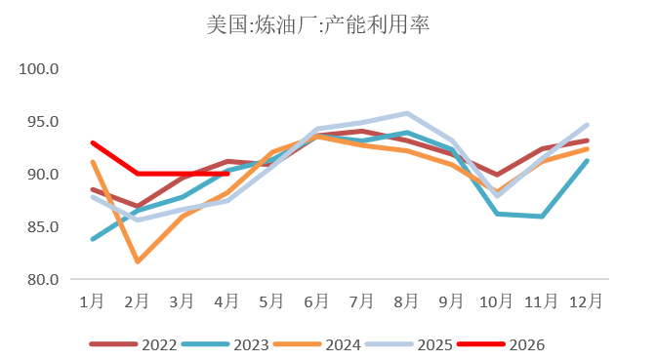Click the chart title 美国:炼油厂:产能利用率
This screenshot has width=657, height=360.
318,24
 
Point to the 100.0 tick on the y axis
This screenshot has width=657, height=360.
38,68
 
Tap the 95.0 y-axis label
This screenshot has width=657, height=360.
43,121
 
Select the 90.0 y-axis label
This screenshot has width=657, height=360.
43,174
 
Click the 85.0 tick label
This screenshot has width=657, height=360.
43,227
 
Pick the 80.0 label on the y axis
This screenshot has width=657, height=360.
43,279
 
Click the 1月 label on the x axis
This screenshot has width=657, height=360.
92,301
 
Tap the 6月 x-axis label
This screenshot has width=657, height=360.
316,301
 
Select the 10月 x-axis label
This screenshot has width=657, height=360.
496,301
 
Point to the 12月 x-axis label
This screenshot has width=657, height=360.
586,301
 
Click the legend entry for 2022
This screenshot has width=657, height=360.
133,344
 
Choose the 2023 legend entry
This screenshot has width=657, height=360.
225,344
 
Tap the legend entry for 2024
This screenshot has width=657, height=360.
316,344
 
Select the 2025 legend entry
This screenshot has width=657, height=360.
408,344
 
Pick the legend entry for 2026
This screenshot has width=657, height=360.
501,344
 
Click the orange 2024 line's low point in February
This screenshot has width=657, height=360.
138,261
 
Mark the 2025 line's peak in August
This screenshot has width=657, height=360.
407,113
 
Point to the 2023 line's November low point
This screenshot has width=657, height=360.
542,217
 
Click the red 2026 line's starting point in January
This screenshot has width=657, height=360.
93,142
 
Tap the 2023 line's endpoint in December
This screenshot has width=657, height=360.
587,161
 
